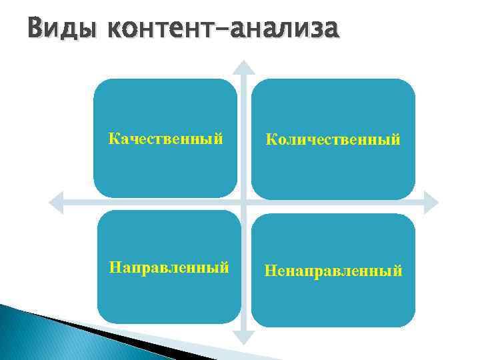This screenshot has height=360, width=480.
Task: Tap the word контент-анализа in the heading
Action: click(222, 30)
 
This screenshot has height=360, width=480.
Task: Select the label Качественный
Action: click(165, 139)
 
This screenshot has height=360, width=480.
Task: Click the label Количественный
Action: click(333, 139)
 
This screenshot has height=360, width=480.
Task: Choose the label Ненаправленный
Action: click(333, 271)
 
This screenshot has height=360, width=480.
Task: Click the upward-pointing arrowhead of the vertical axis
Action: click(245, 67)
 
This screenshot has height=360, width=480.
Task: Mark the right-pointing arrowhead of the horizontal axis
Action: click(432, 201)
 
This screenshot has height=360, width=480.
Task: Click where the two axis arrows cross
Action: click(245, 201)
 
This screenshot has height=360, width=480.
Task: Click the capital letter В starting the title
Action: click(35, 30)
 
